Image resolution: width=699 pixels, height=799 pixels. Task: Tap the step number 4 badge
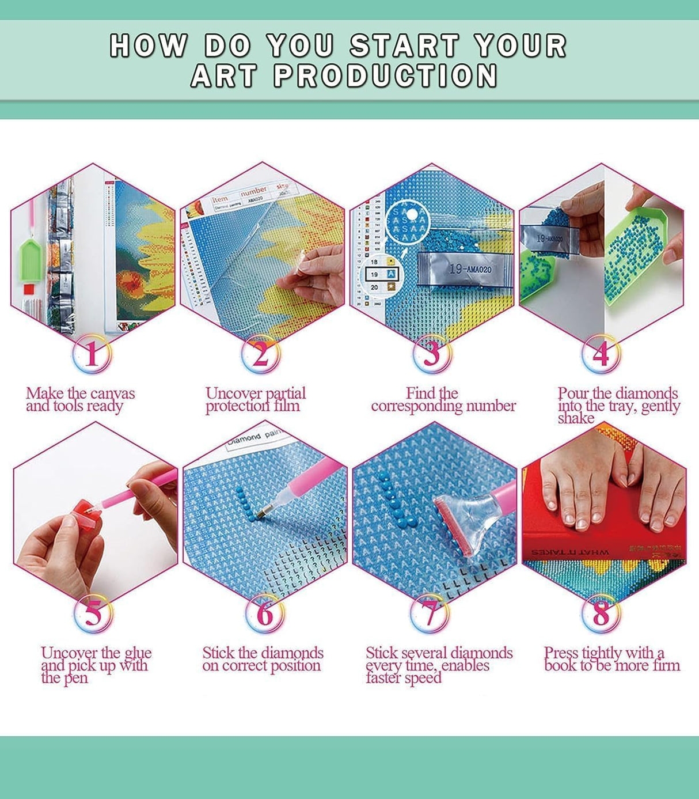click(601, 354)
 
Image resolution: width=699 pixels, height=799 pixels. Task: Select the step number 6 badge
click(264, 614)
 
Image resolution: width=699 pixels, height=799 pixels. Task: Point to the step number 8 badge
click(601, 614)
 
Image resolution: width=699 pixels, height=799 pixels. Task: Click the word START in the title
click(404, 46)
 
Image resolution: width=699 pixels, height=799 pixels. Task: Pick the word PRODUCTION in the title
click(385, 76)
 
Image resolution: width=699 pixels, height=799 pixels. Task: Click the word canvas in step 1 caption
click(112, 394)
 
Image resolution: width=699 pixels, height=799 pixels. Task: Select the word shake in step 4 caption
click(575, 419)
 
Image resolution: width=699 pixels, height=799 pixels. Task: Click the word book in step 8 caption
click(561, 666)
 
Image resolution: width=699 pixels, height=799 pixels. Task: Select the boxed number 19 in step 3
click(374, 274)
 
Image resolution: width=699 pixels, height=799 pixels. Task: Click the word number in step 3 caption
click(491, 407)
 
